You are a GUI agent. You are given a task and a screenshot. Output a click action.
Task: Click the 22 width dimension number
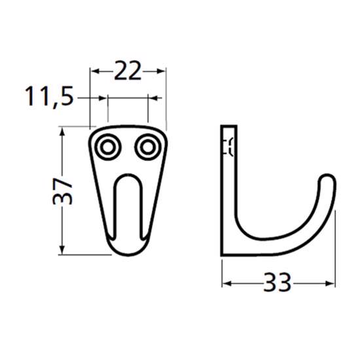128,71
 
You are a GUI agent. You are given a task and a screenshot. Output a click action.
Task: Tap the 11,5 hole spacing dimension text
49,96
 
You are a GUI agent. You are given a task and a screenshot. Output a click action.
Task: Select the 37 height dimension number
62,191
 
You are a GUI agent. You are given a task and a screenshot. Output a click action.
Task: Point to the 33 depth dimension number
278,282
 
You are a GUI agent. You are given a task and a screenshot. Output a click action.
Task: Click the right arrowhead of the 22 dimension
160,71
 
